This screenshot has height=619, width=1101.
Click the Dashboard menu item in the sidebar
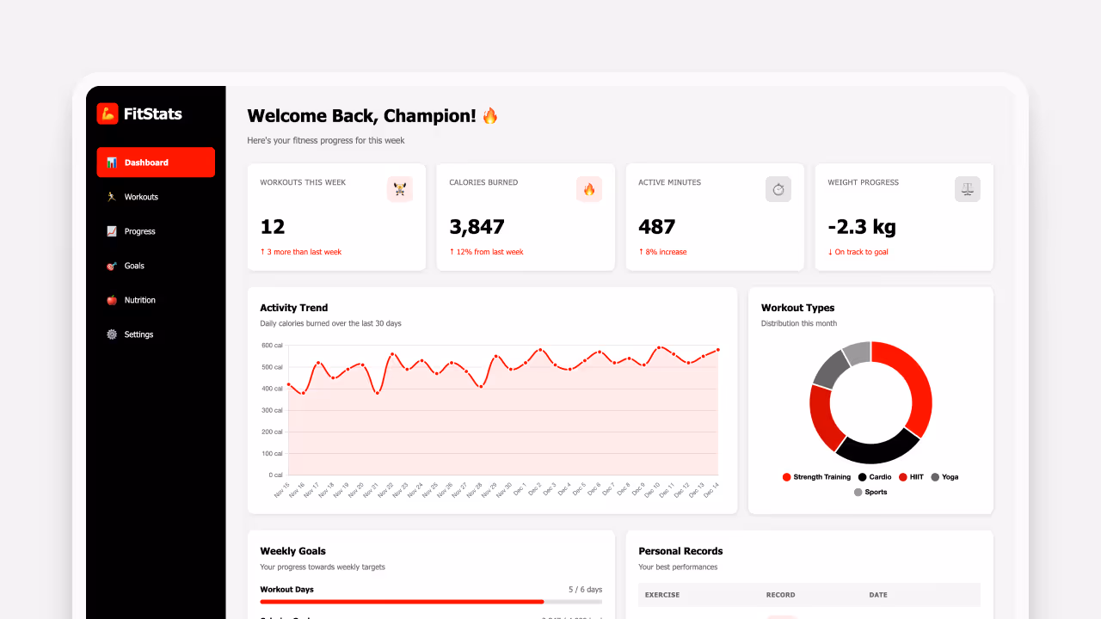(x=155, y=162)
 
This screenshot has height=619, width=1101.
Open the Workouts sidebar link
(x=140, y=197)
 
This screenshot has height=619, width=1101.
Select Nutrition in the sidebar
(x=139, y=300)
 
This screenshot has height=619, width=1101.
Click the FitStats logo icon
(x=108, y=113)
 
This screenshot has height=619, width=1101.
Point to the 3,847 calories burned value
(x=477, y=227)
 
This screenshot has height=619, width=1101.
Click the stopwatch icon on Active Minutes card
(x=778, y=189)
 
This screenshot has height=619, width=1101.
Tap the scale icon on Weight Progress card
(x=967, y=189)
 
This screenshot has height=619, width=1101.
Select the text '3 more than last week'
(x=304, y=252)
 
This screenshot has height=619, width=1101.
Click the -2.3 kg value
(x=861, y=227)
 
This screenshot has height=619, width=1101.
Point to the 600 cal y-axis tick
(x=272, y=346)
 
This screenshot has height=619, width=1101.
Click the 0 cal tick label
(x=275, y=475)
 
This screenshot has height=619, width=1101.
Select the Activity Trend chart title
(x=293, y=308)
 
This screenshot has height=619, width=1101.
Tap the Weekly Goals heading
(x=292, y=551)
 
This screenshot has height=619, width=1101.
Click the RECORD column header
(x=780, y=595)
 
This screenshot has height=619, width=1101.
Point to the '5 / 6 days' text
(x=585, y=590)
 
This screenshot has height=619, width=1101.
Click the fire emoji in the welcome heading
(x=490, y=115)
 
